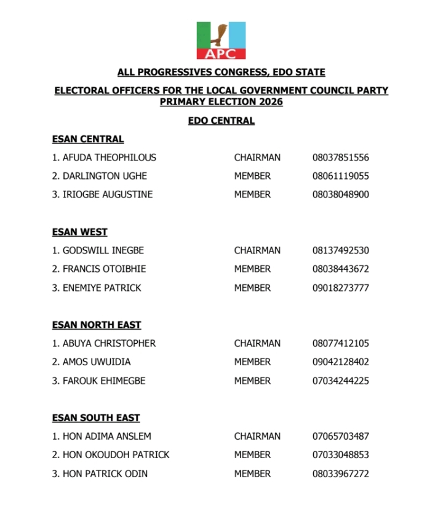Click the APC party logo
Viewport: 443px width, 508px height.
coord(221,41)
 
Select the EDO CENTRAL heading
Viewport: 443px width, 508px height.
coord(221,121)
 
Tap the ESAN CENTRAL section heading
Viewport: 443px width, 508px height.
coord(88,139)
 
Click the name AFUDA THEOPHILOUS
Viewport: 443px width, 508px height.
coord(109,157)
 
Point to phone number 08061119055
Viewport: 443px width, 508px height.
coord(340,176)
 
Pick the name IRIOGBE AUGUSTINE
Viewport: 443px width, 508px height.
coord(108,194)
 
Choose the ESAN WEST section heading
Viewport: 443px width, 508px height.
coord(80,232)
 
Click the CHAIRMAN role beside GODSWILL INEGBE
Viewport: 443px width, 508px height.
coord(257,250)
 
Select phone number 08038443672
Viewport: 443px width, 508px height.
coord(340,269)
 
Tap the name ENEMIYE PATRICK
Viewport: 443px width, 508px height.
coord(102,288)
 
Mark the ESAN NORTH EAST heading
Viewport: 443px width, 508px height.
coord(97,325)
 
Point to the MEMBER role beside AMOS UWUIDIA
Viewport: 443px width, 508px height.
coord(252,362)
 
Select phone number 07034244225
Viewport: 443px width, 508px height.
coord(340,381)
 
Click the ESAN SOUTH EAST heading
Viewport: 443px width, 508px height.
coord(96,418)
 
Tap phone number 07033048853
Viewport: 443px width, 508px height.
coord(340,455)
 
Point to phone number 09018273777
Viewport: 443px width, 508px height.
coord(340,288)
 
